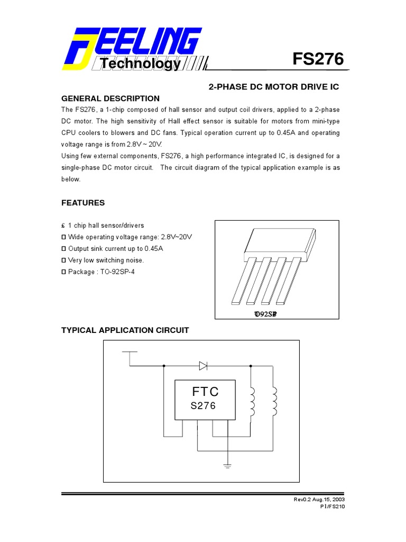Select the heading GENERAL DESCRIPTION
tap(110, 98)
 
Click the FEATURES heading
tap(83, 203)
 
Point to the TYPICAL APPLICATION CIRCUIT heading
tap(125, 330)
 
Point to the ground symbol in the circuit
tap(227, 465)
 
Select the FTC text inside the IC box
tap(205, 392)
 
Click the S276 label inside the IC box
tap(203, 406)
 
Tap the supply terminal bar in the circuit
tap(130, 351)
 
